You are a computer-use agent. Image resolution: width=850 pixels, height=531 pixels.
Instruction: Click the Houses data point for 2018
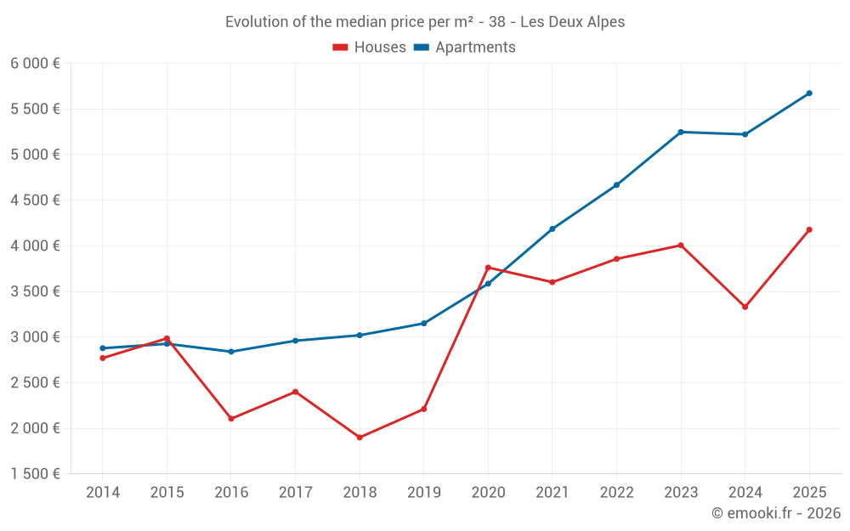(360, 438)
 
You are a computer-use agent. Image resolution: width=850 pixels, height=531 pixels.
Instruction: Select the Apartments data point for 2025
(809, 93)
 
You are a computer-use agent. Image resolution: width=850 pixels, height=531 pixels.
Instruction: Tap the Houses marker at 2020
(488, 268)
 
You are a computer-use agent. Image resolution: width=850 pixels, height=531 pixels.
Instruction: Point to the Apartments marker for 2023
(681, 132)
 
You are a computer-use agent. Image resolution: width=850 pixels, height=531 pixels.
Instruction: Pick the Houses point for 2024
(745, 307)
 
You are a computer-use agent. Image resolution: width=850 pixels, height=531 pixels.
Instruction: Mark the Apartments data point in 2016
(231, 352)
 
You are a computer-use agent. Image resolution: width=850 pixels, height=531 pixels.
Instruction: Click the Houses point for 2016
(231, 419)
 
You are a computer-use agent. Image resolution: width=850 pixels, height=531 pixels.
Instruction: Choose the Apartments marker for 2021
(552, 229)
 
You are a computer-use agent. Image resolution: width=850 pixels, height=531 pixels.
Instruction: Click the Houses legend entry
(370, 48)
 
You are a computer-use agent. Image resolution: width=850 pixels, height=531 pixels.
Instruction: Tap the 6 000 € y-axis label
(35, 64)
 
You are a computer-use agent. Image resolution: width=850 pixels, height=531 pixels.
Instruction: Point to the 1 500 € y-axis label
(35, 474)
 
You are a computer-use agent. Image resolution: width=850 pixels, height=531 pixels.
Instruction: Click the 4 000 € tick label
(35, 246)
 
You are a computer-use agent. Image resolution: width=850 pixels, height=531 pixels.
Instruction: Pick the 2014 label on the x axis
(103, 493)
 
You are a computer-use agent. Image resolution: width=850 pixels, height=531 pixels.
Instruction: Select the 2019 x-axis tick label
(424, 493)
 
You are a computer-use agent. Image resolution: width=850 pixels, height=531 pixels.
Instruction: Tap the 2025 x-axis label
(809, 493)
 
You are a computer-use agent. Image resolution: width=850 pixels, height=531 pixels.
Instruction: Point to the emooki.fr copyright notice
(776, 513)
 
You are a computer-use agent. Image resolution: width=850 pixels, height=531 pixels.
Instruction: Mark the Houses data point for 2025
(809, 229)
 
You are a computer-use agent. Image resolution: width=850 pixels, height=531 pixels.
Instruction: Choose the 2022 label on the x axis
(616, 493)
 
